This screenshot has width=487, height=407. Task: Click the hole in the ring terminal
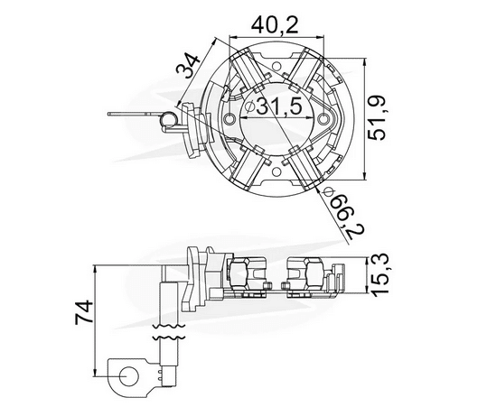tap(125, 371)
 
